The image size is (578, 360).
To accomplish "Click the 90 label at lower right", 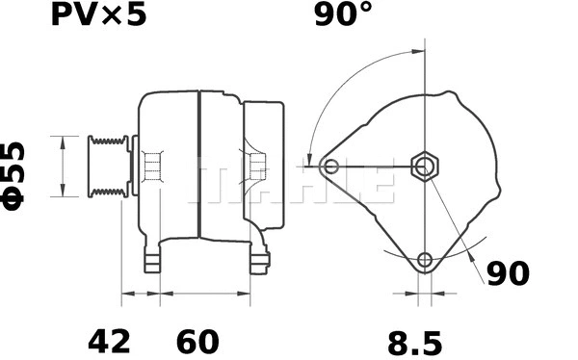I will pos(507,273).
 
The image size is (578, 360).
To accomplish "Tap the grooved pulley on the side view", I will pos(107,167).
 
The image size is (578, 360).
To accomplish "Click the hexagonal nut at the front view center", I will pos(425,166).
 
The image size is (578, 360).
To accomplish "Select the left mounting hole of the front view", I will pos(331,167).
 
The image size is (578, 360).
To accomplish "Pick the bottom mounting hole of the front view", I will pos(425,259).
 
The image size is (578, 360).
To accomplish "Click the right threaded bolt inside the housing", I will pos(256,167).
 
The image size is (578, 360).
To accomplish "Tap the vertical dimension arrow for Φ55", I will pos(63,166).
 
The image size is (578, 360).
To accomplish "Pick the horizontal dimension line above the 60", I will pos(204,291).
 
